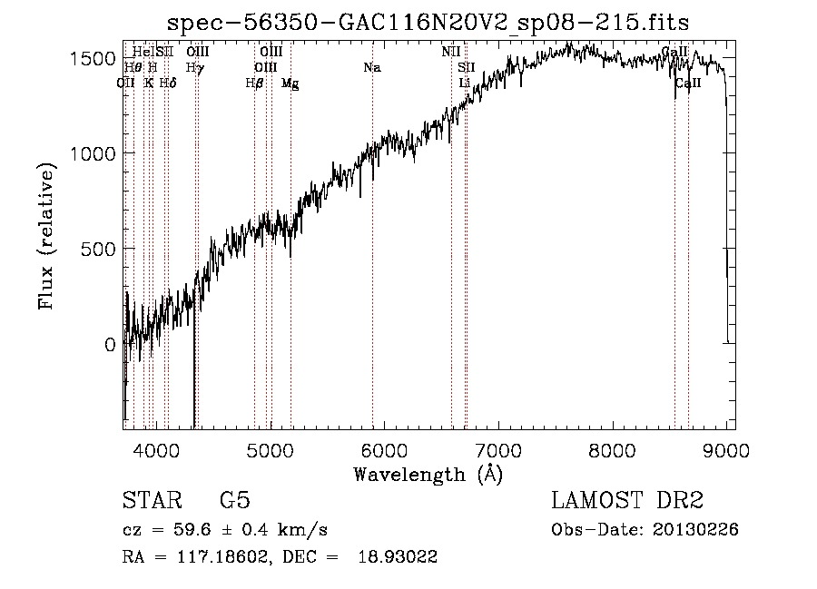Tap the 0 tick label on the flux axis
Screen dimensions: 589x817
click(109, 344)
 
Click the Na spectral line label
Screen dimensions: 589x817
click(372, 67)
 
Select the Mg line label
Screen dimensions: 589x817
click(290, 83)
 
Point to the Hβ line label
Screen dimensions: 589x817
click(254, 83)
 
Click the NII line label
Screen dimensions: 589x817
click(451, 52)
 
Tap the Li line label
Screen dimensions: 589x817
click(465, 83)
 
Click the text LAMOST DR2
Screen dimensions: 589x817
click(627, 501)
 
